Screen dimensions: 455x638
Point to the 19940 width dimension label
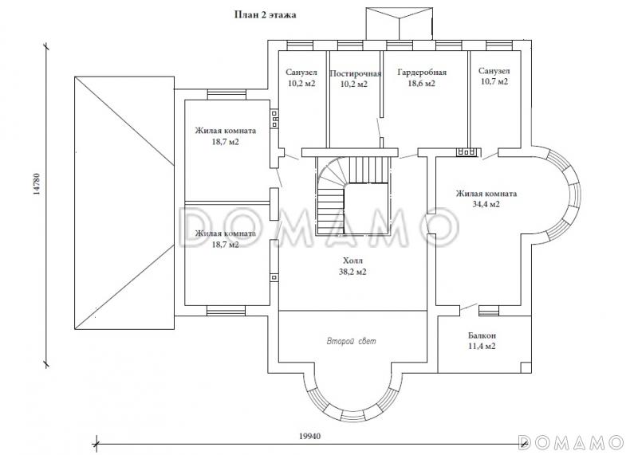[310, 437]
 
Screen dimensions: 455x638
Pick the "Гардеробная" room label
[421, 73]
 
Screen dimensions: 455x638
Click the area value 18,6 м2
[421, 83]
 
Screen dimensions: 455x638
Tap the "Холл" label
[351, 261]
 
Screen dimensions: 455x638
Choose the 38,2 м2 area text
[351, 272]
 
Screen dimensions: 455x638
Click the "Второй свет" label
[351, 341]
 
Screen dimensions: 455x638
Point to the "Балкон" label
[481, 335]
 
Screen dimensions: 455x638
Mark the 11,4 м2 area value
[481, 347]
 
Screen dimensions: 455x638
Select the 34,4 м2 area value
[486, 204]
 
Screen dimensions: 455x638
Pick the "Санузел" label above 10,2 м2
[301, 73]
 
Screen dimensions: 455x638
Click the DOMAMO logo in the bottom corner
[569, 441]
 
